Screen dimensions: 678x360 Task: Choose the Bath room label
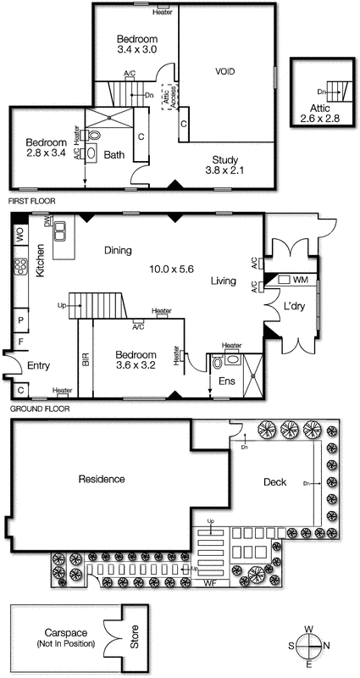113,155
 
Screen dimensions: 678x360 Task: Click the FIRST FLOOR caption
30,203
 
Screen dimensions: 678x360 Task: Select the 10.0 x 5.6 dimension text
169,267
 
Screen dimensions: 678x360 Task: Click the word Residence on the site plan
102,479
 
